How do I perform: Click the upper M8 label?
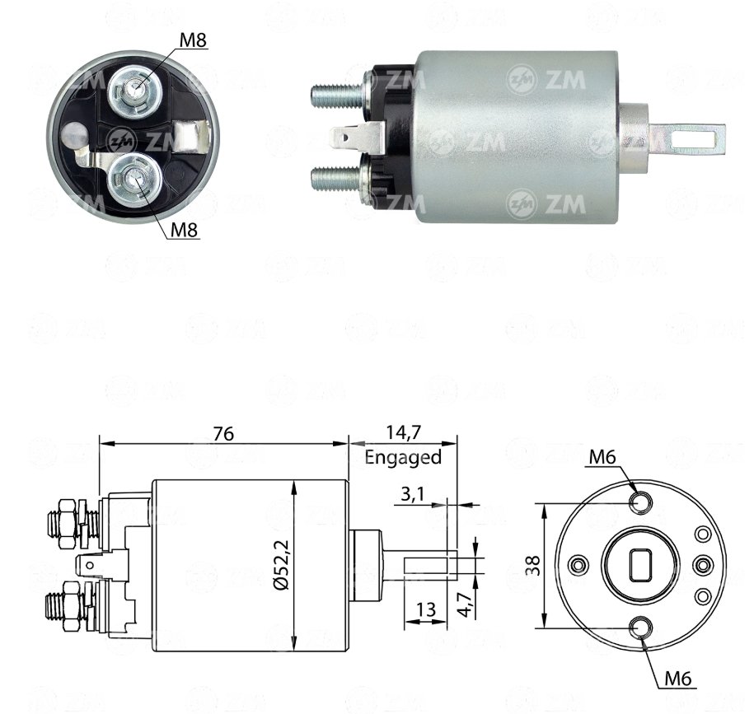click(x=193, y=40)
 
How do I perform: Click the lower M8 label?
click(x=185, y=230)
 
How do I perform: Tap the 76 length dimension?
click(x=223, y=433)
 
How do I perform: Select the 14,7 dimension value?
click(x=404, y=432)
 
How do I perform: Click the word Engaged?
click(x=403, y=456)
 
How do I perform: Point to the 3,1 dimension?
click(x=412, y=493)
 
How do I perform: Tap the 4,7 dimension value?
click(x=464, y=604)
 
